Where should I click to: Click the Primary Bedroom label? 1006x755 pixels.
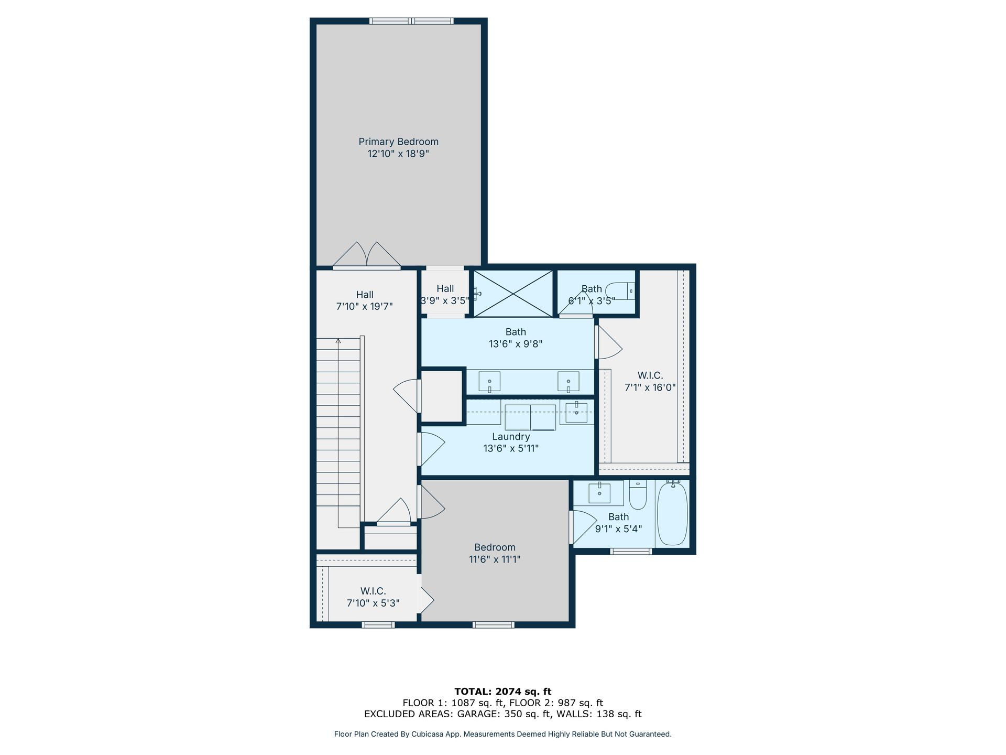398,142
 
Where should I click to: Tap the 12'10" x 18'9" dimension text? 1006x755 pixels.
398,154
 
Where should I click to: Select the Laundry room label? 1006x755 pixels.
511,437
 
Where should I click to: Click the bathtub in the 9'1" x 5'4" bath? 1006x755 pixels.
672,513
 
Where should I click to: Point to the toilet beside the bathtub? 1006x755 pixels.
638,495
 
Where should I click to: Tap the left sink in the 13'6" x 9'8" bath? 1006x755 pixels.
489,382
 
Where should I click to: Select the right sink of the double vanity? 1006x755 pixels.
568,382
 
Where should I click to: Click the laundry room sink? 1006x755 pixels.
576,412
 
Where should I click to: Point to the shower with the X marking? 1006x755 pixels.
513,294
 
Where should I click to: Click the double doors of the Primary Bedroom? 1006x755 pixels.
367,255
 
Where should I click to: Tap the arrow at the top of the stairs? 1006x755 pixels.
338,342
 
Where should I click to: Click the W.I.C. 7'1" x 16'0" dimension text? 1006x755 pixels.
650,387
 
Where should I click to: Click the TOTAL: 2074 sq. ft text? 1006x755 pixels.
503,692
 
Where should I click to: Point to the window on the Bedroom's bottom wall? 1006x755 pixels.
494,624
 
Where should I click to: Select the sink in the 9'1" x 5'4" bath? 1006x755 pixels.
599,493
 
